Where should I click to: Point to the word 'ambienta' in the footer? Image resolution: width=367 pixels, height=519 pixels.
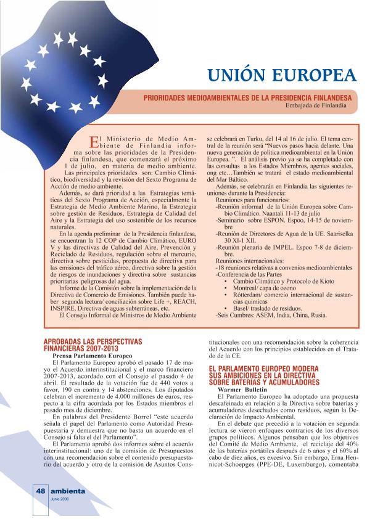click(x=68, y=491)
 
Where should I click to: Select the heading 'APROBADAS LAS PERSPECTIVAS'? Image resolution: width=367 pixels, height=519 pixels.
click(x=93, y=341)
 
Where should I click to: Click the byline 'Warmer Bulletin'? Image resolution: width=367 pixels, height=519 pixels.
click(x=242, y=390)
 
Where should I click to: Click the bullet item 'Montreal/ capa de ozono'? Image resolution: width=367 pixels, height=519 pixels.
click(x=268, y=288)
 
